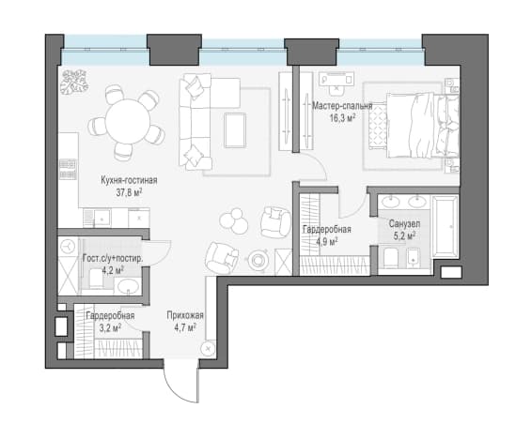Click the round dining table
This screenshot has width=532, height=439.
128,121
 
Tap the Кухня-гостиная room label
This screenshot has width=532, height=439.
129,180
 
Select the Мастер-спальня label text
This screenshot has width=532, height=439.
342,106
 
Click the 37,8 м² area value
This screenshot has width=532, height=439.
129,192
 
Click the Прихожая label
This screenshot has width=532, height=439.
185,315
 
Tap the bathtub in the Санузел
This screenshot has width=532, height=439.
445,227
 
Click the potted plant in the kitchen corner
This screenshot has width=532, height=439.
73,82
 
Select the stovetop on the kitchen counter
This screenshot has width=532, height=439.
69,169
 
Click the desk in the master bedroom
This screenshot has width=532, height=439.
336,79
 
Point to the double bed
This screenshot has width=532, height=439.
422,126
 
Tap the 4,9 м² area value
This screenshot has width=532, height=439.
326,242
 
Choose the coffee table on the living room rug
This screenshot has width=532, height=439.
235,130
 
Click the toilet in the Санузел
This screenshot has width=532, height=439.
391,257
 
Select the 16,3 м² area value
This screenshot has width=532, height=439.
342,118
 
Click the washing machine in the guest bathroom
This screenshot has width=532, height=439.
68,247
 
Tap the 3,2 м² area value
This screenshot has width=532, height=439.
110,327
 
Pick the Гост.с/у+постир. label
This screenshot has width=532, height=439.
113,259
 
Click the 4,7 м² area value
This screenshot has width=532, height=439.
185,327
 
